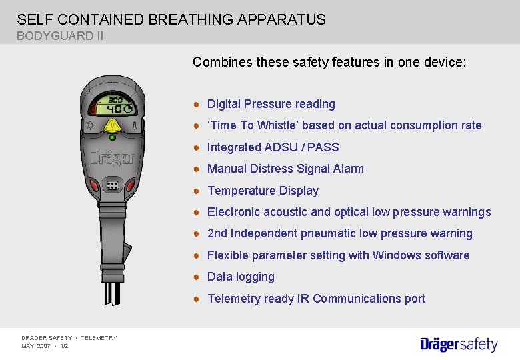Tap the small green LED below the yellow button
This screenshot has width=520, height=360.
(112, 137)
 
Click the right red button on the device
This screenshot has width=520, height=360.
(131, 185)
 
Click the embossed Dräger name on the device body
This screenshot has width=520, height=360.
(112, 159)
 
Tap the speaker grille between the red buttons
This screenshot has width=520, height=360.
(112, 185)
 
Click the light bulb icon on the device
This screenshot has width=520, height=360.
(89, 125)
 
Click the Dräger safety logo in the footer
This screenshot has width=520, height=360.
(459, 344)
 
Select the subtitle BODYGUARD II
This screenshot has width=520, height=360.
(60, 36)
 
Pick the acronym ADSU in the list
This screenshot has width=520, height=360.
(281, 147)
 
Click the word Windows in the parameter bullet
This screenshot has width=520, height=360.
(395, 255)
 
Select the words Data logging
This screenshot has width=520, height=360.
(241, 277)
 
